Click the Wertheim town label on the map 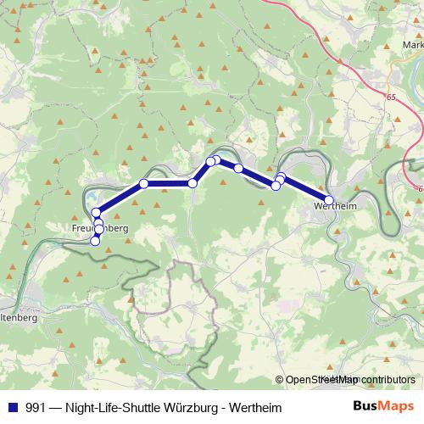tap(333, 205)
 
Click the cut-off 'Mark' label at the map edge tap(413, 45)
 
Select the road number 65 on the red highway tap(391, 98)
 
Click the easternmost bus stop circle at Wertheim tap(330, 200)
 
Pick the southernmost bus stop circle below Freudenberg tap(95, 241)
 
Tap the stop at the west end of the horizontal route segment tap(144, 184)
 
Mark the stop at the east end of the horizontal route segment tap(192, 183)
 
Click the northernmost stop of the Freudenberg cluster tap(97, 212)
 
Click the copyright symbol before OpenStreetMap tap(280, 380)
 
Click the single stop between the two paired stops tap(239, 169)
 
